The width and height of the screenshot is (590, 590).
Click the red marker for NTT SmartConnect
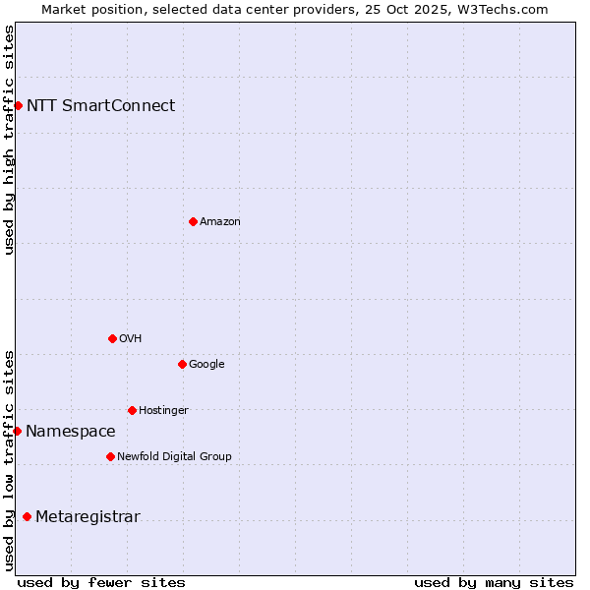point(18,105)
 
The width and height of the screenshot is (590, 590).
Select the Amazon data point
point(193,221)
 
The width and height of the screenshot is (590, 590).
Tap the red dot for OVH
point(112,338)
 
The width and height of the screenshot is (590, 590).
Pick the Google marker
point(182,364)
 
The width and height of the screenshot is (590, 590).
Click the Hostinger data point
point(132,410)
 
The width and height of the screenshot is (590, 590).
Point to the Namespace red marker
point(17,431)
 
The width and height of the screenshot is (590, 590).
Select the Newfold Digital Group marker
point(110,456)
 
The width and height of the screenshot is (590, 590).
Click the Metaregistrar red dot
point(27,517)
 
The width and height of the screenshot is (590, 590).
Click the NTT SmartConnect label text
point(100,105)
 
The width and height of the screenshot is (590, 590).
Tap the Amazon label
point(220,222)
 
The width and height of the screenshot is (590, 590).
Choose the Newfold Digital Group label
point(174,456)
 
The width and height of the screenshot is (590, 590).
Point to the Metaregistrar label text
point(88,517)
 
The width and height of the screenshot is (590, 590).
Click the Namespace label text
point(70,431)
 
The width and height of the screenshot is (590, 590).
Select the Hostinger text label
point(163,410)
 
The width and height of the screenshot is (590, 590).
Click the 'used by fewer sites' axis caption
point(101,582)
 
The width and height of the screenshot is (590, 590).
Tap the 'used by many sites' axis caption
point(494,582)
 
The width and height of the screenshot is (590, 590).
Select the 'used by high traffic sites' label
point(9,140)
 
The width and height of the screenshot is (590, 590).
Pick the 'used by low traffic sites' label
point(9,460)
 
